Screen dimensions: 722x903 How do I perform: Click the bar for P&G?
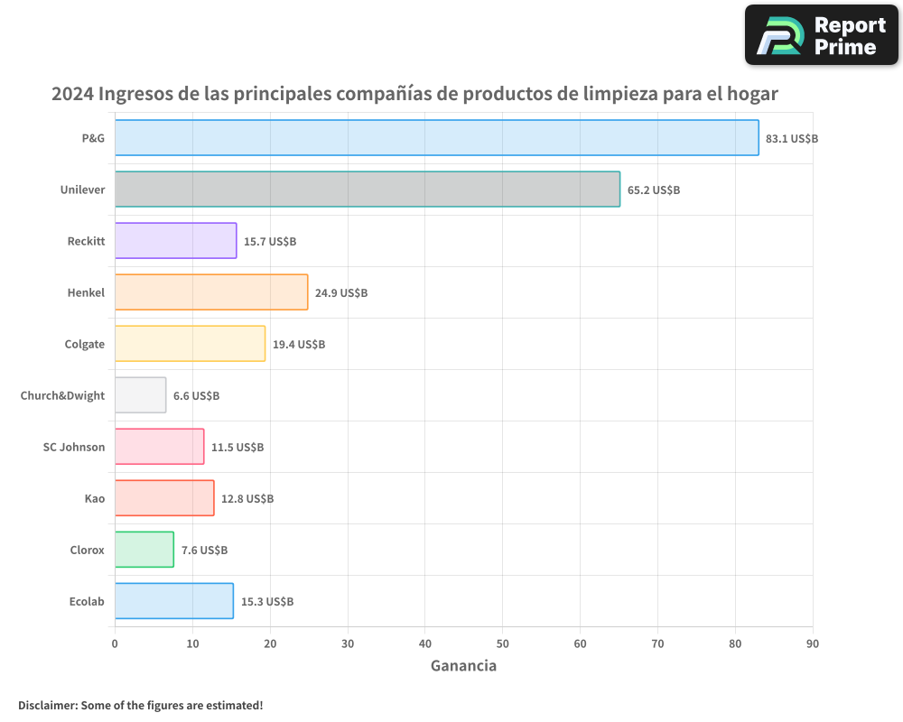coord(436,138)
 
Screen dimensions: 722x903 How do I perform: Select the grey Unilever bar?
coord(368,190)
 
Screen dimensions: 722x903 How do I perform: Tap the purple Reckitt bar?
coord(175,241)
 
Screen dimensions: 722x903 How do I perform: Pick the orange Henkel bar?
coord(211,292)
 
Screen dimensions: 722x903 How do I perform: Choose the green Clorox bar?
coord(144,550)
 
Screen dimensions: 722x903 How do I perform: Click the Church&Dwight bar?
coord(140,395)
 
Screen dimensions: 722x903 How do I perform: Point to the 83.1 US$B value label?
coord(792,139)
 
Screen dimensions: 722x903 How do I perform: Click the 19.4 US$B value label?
coord(299,345)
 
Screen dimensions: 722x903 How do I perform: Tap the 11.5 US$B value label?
coord(237,448)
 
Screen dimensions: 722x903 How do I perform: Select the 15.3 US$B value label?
coord(267,602)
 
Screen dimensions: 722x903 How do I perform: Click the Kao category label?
coord(95,499)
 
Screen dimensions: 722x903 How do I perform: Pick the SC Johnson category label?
coord(74,448)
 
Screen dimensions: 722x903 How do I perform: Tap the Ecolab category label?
coord(87,602)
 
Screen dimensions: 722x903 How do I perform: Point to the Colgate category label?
coord(85,345)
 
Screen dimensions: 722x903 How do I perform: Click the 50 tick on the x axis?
coord(502,643)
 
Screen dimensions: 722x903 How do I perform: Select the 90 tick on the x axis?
coord(813,643)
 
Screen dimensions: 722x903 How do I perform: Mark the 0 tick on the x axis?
coord(115,643)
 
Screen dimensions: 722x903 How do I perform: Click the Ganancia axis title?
coord(463,666)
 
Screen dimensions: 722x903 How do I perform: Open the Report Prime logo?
coord(822,35)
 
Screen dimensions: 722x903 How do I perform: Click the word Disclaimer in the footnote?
coord(47,705)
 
